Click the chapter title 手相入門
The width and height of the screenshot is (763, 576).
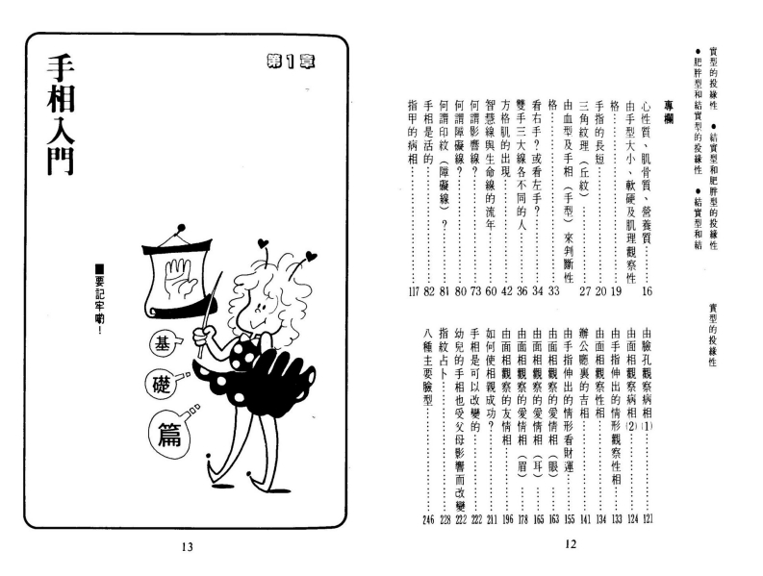click(61, 114)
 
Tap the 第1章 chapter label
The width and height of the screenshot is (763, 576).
click(291, 62)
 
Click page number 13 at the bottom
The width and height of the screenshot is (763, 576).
click(188, 547)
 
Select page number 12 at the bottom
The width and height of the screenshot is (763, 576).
click(571, 544)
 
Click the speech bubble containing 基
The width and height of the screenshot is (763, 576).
click(162, 346)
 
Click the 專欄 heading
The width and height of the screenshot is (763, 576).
click(669, 113)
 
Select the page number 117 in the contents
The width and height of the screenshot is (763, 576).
click(414, 291)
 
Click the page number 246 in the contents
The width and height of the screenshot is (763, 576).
click(428, 520)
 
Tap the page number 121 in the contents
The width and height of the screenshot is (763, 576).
click(648, 519)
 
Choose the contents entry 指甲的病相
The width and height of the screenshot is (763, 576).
click(413, 132)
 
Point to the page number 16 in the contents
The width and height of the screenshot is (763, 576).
click(647, 291)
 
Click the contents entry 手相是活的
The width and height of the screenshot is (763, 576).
click(429, 132)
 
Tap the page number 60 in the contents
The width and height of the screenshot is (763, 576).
click(491, 291)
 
